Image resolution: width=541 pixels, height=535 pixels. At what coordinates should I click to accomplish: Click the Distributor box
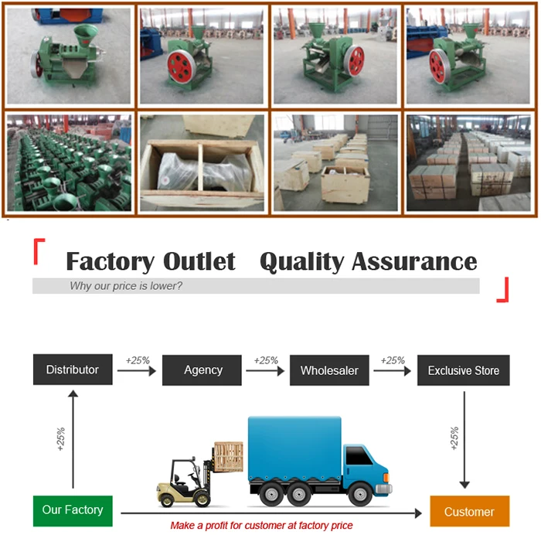tap(72, 370)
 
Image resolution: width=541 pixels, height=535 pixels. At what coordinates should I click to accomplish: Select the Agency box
tap(203, 370)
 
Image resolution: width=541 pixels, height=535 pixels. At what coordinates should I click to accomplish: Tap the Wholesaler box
tap(329, 370)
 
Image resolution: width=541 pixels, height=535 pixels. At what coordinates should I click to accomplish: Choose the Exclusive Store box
tap(463, 370)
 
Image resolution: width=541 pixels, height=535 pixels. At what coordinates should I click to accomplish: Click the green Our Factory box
tap(73, 510)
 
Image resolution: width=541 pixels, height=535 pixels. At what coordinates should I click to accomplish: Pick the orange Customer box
tap(469, 511)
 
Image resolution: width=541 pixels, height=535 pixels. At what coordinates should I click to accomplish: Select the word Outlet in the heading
tap(199, 261)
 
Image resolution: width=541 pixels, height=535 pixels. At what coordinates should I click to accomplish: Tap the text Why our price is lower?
tap(126, 286)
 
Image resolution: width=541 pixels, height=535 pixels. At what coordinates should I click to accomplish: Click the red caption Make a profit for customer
tap(261, 526)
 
